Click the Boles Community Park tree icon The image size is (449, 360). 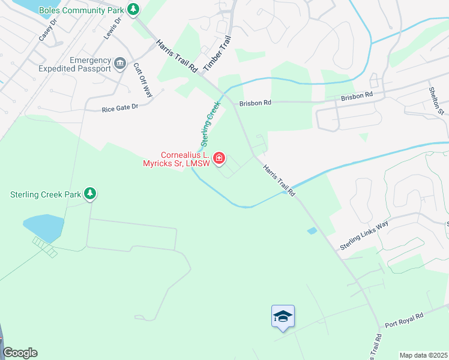tap(134, 10)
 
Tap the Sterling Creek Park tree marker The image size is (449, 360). tap(90, 194)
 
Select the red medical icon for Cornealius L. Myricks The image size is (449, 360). tap(220, 158)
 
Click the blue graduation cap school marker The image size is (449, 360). tap(283, 316)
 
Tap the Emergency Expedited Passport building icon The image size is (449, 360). tap(120, 62)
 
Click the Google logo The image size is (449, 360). tap(20, 353)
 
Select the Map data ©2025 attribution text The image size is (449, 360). tap(423, 355)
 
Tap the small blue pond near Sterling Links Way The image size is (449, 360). tap(312, 230)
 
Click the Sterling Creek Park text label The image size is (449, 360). tap(46, 194)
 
